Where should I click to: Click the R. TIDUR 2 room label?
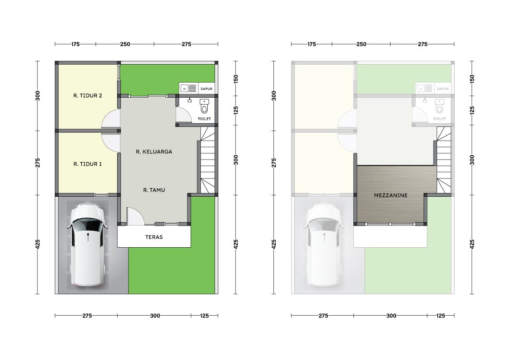click(x=87, y=95)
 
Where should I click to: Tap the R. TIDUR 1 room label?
click(x=87, y=164)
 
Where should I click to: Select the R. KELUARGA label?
click(x=154, y=152)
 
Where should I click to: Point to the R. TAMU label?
click(x=154, y=190)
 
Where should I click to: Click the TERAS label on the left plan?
click(x=154, y=237)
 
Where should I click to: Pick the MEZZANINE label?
click(x=391, y=195)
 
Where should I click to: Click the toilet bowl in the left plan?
click(x=204, y=106)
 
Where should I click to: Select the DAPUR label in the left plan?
click(x=206, y=89)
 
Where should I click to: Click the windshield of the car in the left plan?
click(x=87, y=225)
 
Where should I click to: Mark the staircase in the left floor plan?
click(x=207, y=159)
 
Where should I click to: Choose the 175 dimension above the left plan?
click(x=76, y=44)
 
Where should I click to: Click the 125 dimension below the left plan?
click(x=204, y=316)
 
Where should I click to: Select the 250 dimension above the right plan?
click(x=361, y=44)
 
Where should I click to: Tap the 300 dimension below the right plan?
click(x=391, y=316)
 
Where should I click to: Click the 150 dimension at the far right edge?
click(x=472, y=79)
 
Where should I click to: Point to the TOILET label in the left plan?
click(x=204, y=119)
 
